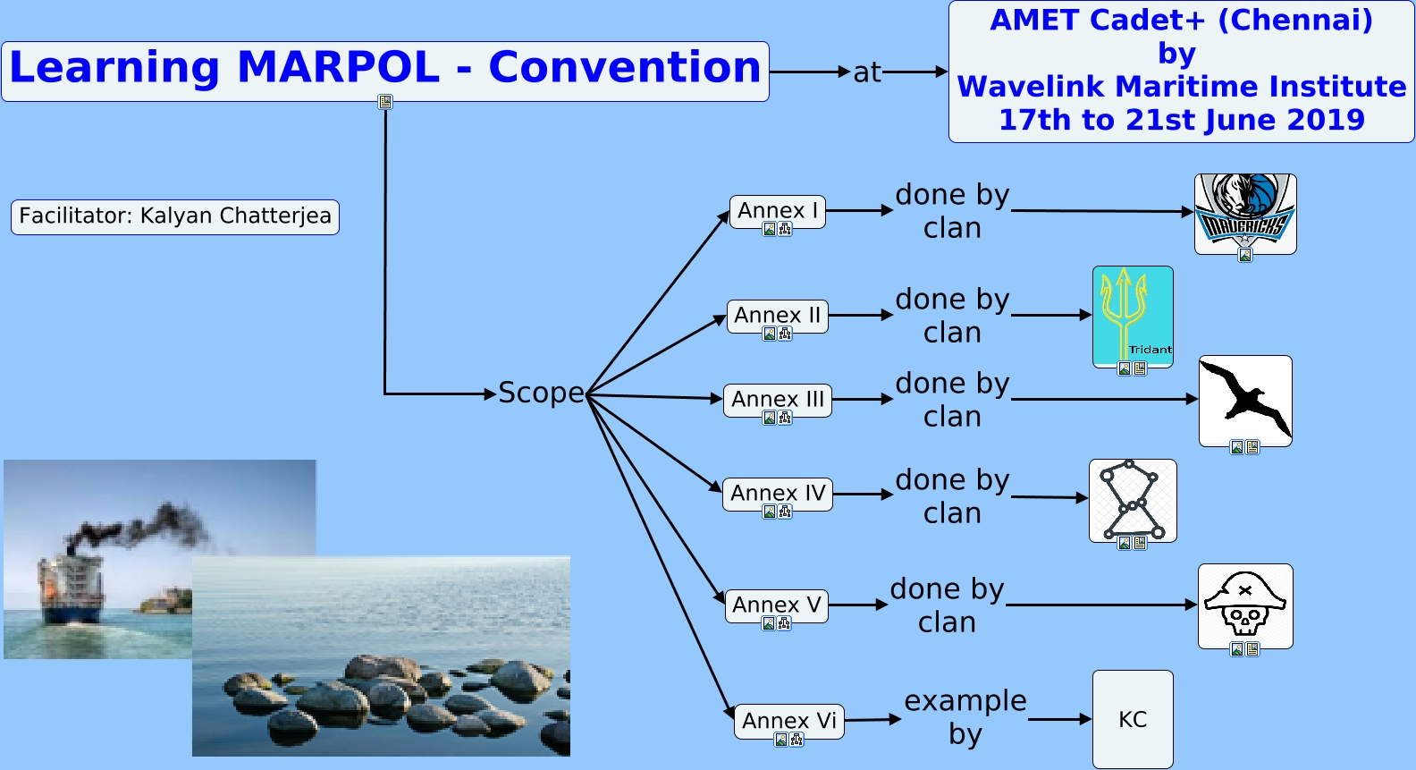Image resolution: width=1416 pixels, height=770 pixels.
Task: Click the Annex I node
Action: point(777,211)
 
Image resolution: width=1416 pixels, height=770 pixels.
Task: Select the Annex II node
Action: point(777,316)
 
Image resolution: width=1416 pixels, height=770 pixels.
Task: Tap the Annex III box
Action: point(777,400)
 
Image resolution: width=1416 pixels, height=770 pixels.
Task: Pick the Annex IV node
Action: point(777,494)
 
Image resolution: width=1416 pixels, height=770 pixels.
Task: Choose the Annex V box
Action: point(776,605)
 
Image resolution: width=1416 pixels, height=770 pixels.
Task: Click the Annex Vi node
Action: point(788,721)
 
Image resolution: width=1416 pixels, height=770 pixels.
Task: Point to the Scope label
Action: point(541,393)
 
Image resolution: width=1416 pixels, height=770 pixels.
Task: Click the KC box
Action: point(1133,719)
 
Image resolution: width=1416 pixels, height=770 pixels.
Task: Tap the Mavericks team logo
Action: point(1245,213)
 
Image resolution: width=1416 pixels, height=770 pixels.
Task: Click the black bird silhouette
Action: point(1244,398)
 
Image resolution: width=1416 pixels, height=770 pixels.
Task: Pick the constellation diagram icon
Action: point(1132,499)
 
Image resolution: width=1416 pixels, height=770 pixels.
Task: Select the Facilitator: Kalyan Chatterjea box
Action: point(175,216)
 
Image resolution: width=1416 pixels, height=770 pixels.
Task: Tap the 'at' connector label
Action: point(866,72)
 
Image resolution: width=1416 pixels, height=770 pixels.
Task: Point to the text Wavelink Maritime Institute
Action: point(1181,87)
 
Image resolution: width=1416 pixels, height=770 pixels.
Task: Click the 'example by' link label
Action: point(965,717)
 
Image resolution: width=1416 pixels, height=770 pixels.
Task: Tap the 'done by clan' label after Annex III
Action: point(952,400)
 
